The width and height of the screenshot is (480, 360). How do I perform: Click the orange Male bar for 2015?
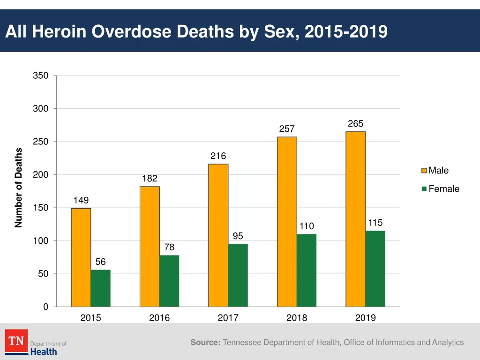pos(81,257)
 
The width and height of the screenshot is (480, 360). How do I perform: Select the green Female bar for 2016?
pos(169,281)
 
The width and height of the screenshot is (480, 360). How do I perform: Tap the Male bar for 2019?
pos(355,219)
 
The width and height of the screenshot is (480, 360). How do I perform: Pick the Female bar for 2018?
pos(307,270)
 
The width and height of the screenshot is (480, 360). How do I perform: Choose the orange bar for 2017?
pos(218,235)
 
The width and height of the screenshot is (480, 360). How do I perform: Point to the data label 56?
pos(101,262)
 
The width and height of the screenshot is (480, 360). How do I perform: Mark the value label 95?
pos(238,236)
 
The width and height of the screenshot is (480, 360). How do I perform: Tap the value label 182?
pos(150,179)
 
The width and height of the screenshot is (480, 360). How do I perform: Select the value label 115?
pos(375,223)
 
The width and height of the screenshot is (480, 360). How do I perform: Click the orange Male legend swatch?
pos(424,171)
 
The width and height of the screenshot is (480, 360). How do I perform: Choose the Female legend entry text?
pos(444,189)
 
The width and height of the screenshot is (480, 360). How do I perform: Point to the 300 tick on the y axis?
pos(40,109)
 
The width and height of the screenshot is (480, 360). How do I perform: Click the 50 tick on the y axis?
pos(43,274)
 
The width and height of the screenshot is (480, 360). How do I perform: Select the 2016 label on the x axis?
pos(159,318)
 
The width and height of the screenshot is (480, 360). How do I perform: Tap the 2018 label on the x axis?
pos(297,318)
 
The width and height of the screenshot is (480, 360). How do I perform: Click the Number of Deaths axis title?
pos(19,187)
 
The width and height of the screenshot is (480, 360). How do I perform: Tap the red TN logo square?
pos(16,341)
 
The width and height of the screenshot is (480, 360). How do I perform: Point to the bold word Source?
pos(205,343)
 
